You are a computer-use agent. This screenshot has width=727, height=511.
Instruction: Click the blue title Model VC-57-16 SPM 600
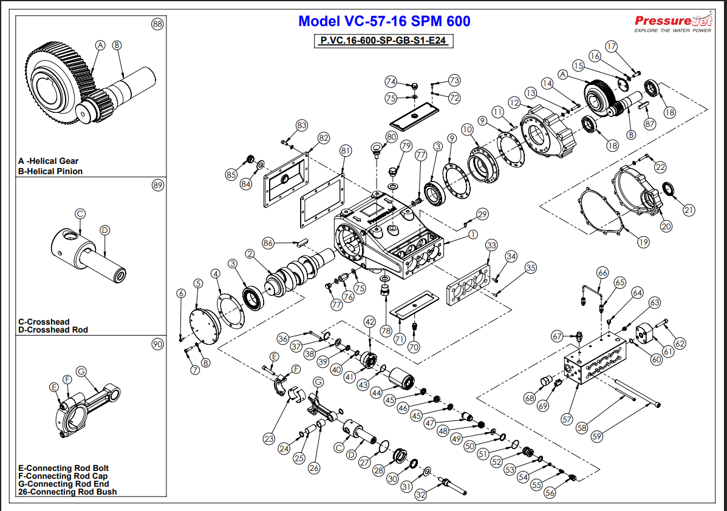coord(384,22)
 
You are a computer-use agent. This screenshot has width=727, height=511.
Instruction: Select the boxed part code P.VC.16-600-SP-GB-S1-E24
coord(384,41)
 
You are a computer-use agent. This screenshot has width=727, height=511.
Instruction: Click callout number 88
coord(157,24)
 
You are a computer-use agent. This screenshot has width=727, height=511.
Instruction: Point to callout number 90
coord(157,344)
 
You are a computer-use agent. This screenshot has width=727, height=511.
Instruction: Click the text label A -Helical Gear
coord(49,161)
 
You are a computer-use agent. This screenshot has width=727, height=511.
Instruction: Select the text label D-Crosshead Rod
coord(53,330)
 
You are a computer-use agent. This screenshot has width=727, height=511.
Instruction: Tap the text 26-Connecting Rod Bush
coord(67,492)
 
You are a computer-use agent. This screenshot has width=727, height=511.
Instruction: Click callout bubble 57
coord(567,419)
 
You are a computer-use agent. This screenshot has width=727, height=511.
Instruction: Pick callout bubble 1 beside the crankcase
coord(473,234)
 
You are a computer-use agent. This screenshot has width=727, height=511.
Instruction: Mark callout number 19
coord(643,242)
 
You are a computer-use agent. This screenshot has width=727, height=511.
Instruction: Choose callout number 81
coord(346,150)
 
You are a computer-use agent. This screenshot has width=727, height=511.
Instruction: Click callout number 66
coord(602,272)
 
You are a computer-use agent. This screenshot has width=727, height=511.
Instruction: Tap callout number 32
coord(420,495)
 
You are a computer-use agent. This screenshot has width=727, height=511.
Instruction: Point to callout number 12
coord(514,103)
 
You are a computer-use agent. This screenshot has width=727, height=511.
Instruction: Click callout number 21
coord(688,210)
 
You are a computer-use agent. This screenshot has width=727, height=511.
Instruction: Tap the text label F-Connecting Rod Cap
coord(63,476)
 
